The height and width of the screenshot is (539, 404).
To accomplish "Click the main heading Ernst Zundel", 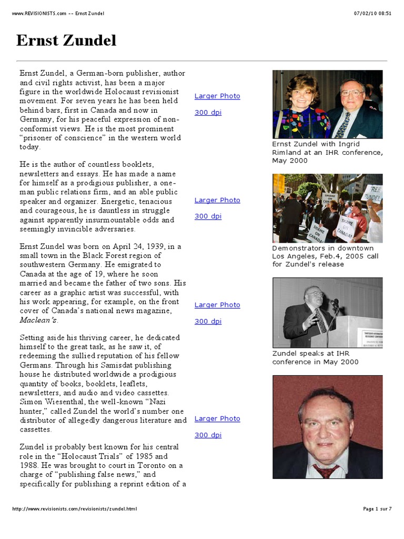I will click(x=66, y=41).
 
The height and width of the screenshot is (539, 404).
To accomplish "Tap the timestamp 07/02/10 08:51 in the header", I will click(x=373, y=13).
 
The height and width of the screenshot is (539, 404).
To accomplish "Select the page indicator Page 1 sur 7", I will click(x=377, y=509).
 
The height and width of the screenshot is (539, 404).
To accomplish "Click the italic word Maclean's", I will click(x=39, y=320).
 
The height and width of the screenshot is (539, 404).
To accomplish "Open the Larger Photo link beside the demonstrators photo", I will click(x=217, y=200).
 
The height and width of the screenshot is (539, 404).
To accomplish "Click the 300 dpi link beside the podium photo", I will click(x=208, y=321).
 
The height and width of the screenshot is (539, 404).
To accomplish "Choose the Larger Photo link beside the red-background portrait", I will click(x=217, y=418).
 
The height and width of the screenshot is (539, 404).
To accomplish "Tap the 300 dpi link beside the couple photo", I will click(x=208, y=112).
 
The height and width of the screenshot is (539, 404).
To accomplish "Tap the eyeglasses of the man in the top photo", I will click(x=351, y=93).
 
